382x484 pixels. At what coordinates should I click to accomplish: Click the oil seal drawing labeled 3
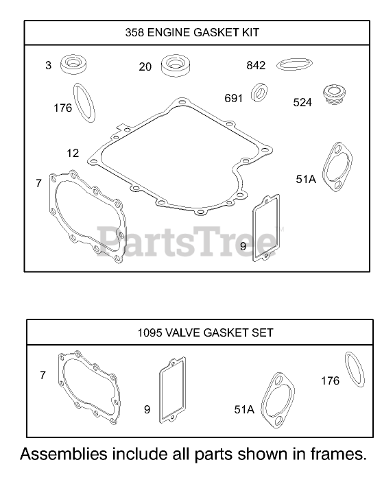[x=73, y=64]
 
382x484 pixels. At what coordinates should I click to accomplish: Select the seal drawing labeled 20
[x=176, y=66]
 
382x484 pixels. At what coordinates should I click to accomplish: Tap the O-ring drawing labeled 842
[x=294, y=64]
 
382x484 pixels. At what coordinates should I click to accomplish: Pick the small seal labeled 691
[x=259, y=92]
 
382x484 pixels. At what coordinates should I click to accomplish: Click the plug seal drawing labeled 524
[x=334, y=94]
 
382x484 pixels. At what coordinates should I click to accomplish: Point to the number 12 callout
[x=73, y=153]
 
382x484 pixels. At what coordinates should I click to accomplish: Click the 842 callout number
[x=256, y=65]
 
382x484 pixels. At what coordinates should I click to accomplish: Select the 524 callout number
[x=302, y=102]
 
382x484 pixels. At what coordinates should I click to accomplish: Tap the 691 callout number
[x=233, y=98]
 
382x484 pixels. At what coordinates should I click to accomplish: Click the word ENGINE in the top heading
[x=167, y=32]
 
